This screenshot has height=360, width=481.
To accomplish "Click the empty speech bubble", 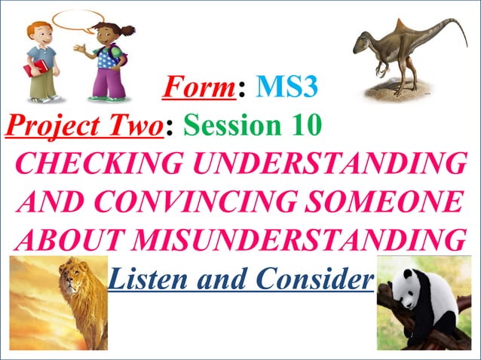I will point(78,20).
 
